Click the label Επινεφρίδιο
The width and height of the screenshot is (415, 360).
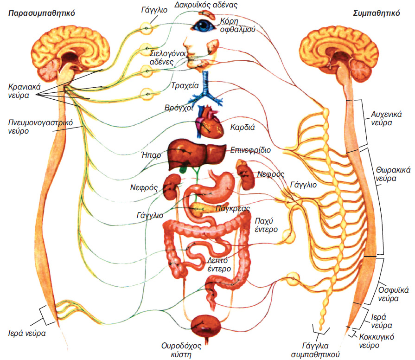[250, 150]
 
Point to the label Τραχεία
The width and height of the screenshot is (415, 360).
[185, 86]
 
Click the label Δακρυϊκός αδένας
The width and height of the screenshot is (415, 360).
[213, 6]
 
